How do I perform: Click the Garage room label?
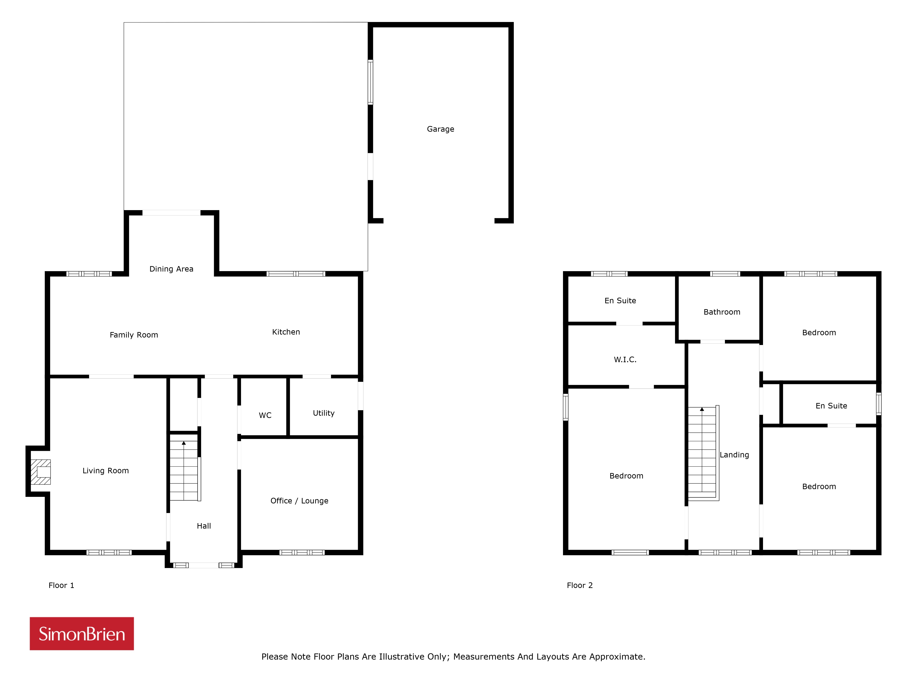(440, 129)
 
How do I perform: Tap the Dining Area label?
(171, 269)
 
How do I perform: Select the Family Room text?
(134, 335)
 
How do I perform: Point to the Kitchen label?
(286, 332)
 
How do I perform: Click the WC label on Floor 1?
(265, 415)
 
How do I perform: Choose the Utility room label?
(324, 413)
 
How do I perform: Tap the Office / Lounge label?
(299, 501)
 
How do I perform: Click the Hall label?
(204, 526)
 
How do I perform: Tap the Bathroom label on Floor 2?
(722, 312)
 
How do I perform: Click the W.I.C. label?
(625, 359)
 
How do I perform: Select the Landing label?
(734, 454)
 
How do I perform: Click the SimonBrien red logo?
(82, 634)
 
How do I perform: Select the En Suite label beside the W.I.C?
(620, 300)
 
